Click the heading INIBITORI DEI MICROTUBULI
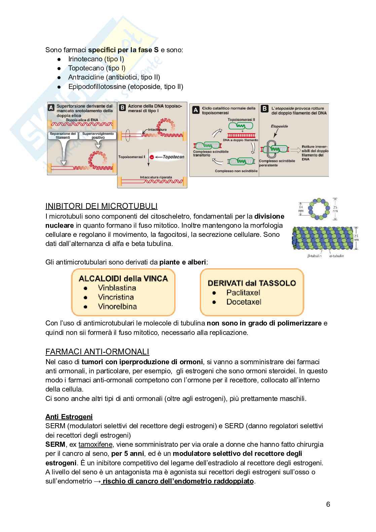pyautogui.click(x=101, y=206)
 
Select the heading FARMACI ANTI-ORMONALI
pyautogui.click(x=97, y=352)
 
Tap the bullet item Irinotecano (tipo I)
pyautogui.click(x=96, y=59)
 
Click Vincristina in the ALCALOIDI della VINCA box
pyautogui.click(x=116, y=297)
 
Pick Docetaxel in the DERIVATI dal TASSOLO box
pyautogui.click(x=243, y=302)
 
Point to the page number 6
pyautogui.click(x=328, y=504)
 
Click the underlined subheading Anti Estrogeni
pyautogui.click(x=69, y=417)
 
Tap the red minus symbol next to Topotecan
pyautogui.click(x=152, y=157)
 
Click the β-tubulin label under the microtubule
pyautogui.click(x=314, y=256)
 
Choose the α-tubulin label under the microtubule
pyautogui.click(x=337, y=256)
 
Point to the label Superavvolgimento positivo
pyautogui.click(x=97, y=136)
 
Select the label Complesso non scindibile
pyautogui.click(x=236, y=171)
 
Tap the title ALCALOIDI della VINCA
pyautogui.click(x=123, y=278)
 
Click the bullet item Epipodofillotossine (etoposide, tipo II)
pyautogui.click(x=125, y=87)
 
